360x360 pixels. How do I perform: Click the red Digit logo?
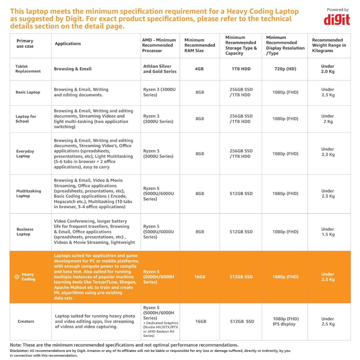pyautogui.click(x=337, y=19)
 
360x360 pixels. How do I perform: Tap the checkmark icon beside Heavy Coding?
pyautogui.click(x=17, y=277)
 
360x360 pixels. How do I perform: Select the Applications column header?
pyautogui.click(x=68, y=44)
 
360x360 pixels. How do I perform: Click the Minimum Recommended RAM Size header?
pyautogui.click(x=200, y=45)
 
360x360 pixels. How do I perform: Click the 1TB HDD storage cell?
pyautogui.click(x=241, y=69)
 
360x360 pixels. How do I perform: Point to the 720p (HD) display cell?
pyautogui.click(x=284, y=69)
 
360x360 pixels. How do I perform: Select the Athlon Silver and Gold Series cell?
pyautogui.click(x=160, y=69)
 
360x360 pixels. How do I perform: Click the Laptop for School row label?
pyautogui.click(x=26, y=119)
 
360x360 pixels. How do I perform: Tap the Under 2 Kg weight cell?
pyautogui.click(x=328, y=119)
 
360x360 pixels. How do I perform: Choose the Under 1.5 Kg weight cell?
pyautogui.click(x=328, y=232)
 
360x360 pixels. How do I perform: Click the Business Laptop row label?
pyautogui.click(x=25, y=232)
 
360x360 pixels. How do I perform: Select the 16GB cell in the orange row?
pyautogui.click(x=200, y=277)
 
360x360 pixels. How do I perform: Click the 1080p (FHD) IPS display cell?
pyautogui.click(x=285, y=321)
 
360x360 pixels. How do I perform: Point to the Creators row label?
pyautogui.click(x=26, y=322)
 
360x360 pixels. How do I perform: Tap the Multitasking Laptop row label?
pyautogui.click(x=28, y=194)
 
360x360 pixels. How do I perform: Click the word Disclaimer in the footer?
pyautogui.click(x=19, y=351)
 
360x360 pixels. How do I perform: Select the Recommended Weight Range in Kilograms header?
pyautogui.click(x=329, y=45)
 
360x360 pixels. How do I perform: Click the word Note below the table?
pyautogui.click(x=15, y=345)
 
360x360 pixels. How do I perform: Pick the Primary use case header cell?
pyautogui.click(x=25, y=44)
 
